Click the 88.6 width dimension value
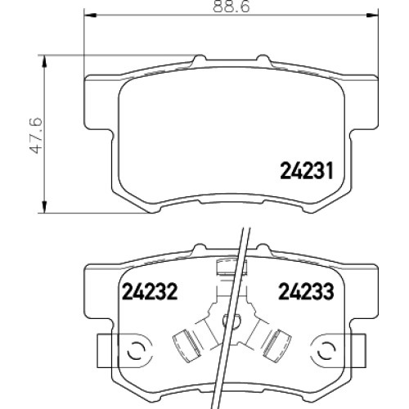pos(231,7)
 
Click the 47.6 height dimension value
pos(37,135)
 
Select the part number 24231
pos(307,171)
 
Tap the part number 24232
pos(150,291)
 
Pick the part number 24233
pos(306,291)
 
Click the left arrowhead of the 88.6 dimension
pos(89,14)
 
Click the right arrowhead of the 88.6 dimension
pos(372,14)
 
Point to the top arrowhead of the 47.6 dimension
pos(44,61)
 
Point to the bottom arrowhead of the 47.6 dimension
pos(44,207)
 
